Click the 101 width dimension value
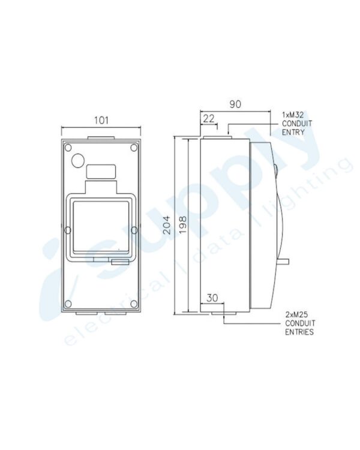point(101,120)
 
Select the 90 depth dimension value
point(235,104)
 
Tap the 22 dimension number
point(209,119)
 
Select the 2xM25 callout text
point(298,314)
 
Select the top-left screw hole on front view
point(68,147)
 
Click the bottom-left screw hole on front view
point(68,304)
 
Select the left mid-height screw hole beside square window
point(68,229)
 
